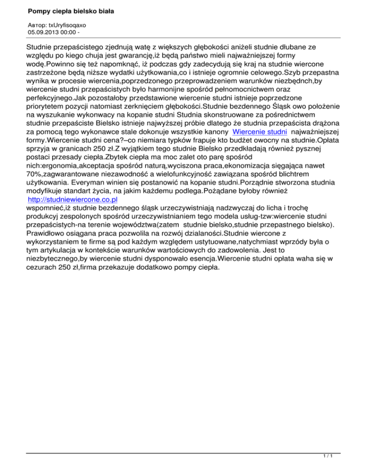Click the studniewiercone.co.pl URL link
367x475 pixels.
73,186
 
